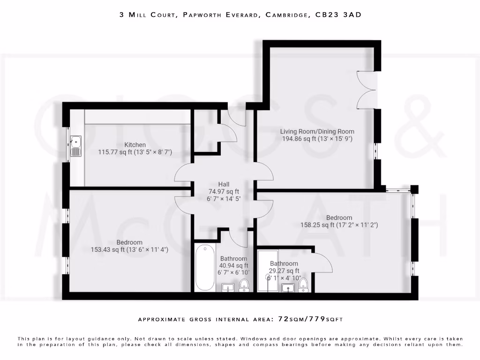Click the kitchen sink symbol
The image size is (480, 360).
[76, 146]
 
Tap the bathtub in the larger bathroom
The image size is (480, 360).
[204, 267]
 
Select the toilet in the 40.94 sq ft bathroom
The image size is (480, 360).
[244, 285]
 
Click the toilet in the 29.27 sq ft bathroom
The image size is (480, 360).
[304, 284]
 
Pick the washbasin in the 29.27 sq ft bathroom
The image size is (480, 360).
[287, 287]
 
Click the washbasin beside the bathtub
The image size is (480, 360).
[228, 287]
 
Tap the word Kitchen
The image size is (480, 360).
[135, 145]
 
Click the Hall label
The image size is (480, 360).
[224, 184]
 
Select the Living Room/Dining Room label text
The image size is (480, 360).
[317, 131]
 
